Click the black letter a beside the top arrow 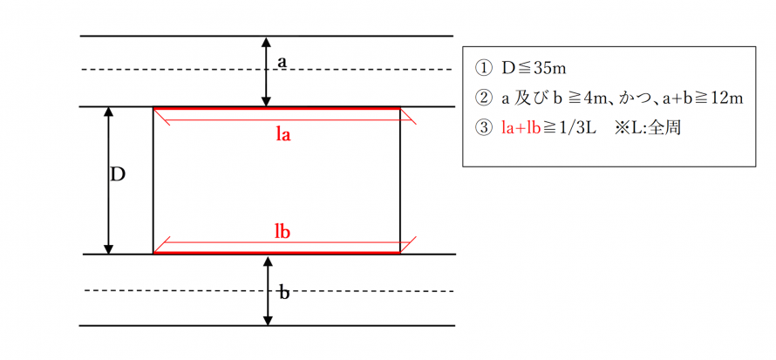282,62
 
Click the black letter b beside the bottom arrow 283,294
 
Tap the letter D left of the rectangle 118,174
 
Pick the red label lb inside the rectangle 282,231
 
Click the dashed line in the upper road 174,69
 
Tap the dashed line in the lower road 174,290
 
